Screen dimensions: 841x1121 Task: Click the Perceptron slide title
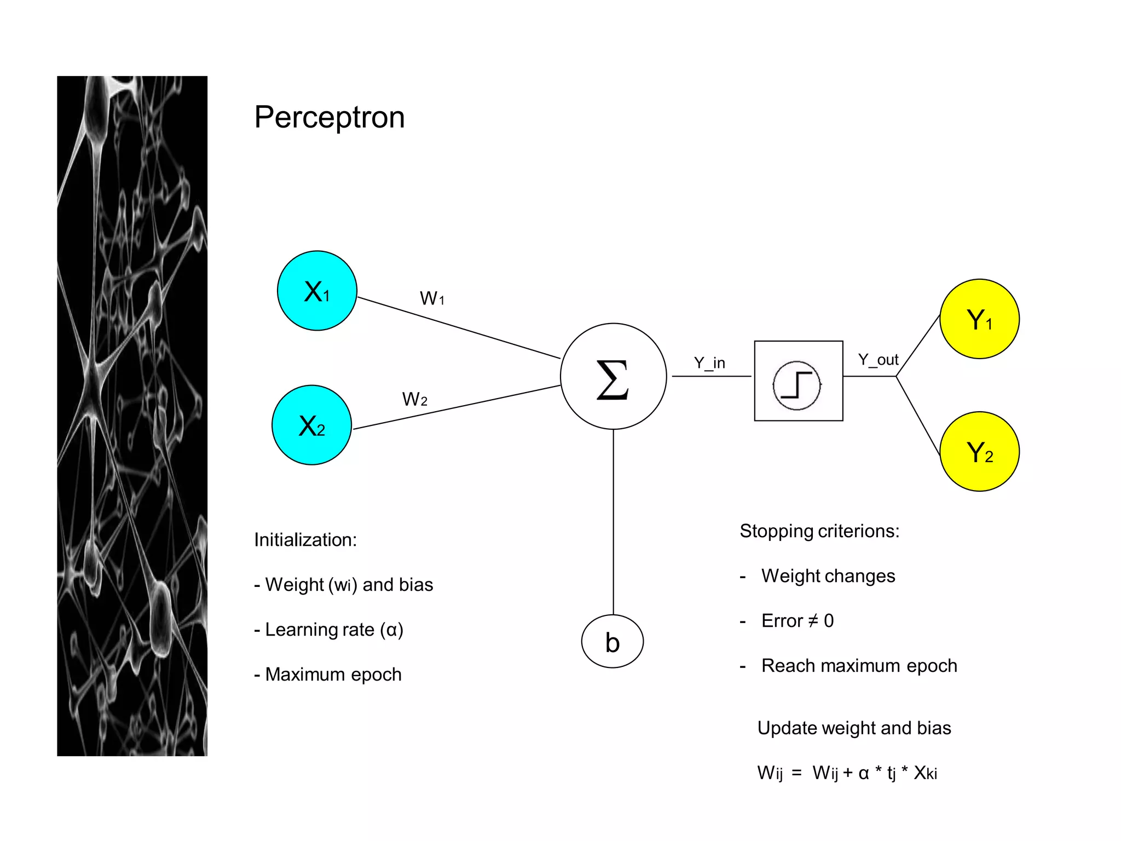coord(329,117)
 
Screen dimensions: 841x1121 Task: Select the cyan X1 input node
coord(317,291)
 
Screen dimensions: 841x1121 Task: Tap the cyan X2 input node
coord(311,425)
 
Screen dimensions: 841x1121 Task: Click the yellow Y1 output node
coord(979,319)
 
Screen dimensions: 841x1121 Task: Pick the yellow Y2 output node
coord(979,452)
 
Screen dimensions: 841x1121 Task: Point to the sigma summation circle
coord(613,377)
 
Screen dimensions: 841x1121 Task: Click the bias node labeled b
coord(612,642)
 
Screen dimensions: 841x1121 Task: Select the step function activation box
coord(798,381)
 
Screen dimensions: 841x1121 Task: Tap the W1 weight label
coord(432,298)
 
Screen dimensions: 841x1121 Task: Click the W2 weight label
coord(414,399)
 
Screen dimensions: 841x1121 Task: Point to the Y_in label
coord(709,362)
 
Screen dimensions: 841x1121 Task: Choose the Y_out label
coord(878,360)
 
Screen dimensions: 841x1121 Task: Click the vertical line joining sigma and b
coord(613,520)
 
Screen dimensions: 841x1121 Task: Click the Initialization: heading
coord(305,540)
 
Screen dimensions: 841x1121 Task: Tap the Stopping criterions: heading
coord(819,531)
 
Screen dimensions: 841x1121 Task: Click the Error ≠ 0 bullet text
coord(797,621)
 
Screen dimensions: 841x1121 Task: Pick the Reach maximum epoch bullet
coord(859,666)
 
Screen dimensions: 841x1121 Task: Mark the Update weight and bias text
coord(854,728)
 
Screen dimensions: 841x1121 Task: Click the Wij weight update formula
coord(847,773)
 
